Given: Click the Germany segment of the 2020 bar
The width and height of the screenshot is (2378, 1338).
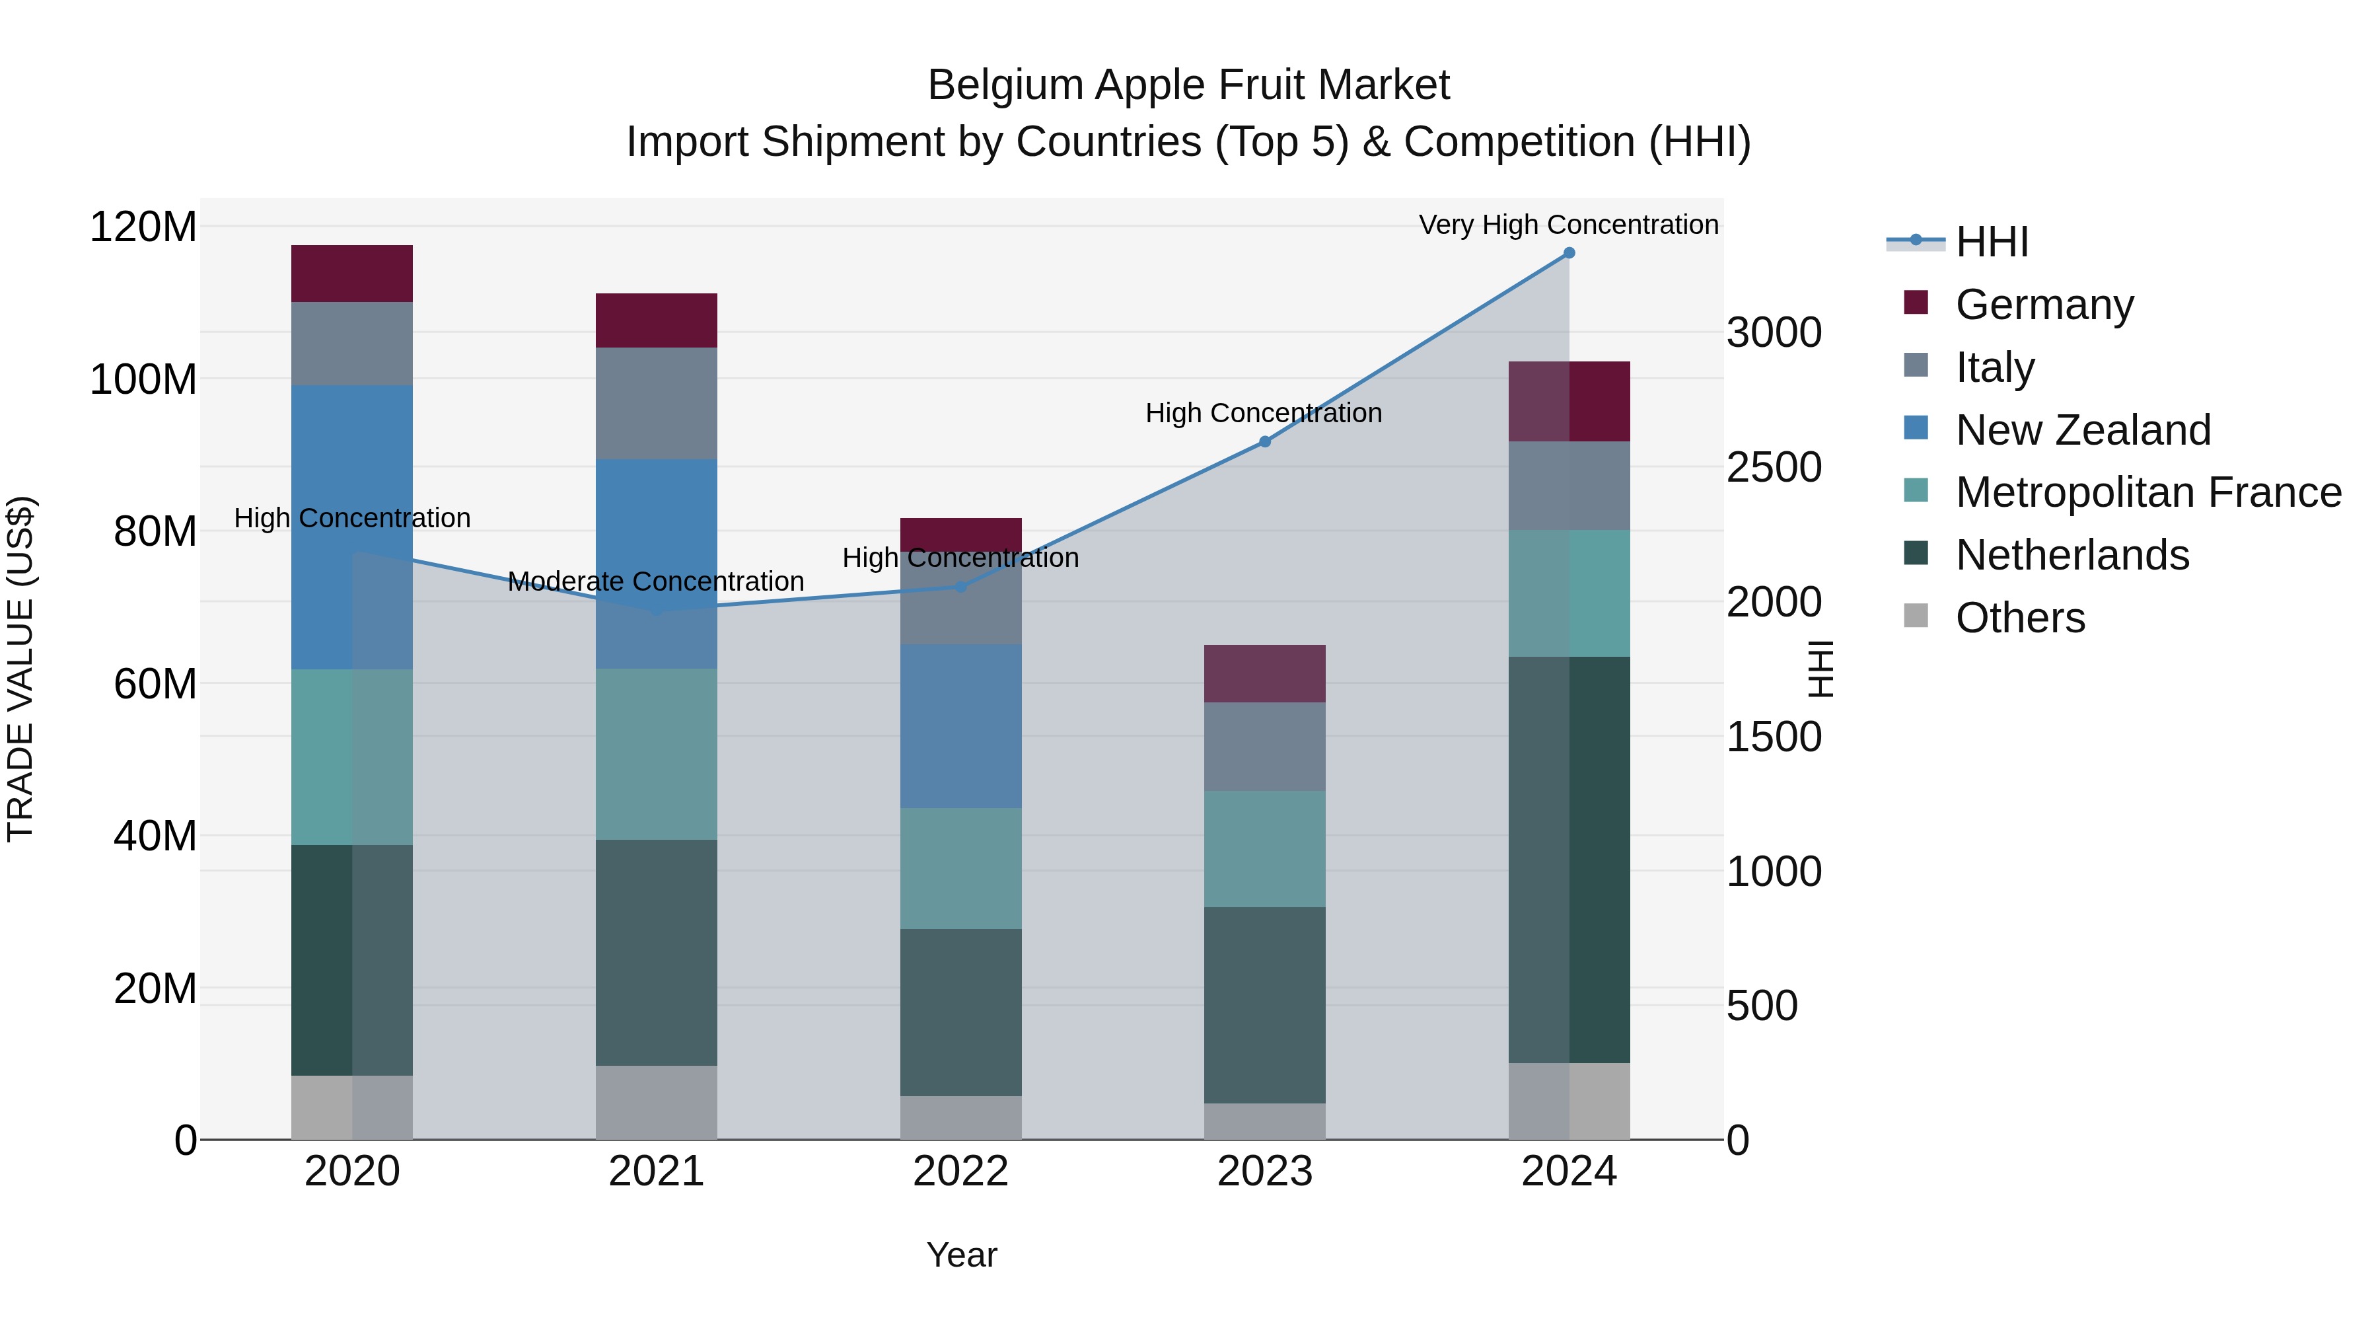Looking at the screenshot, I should coord(351,274).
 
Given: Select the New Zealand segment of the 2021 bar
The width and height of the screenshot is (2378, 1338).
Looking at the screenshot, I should coord(657,563).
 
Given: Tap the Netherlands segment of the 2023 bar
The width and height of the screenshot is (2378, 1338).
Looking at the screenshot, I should coord(1265,1004).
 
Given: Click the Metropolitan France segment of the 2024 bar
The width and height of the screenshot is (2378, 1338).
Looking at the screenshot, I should coord(1569,593).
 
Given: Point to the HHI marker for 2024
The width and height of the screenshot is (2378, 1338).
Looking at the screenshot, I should coord(1569,253).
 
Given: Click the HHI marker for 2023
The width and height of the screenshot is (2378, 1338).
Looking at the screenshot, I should coord(1265,442).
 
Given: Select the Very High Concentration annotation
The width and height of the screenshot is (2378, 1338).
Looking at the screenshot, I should coord(1568,225).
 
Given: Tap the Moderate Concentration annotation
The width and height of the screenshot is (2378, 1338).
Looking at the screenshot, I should coord(657,581).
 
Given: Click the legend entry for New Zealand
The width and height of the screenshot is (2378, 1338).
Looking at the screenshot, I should coord(2083,430).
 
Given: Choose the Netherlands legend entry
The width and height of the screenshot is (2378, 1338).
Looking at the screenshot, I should coord(2072,556).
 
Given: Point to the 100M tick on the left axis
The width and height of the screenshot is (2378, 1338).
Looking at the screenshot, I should coord(143,379).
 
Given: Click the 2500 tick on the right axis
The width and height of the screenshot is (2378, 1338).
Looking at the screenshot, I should coord(1774,467).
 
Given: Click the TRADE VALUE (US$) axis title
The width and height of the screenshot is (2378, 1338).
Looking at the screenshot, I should coord(20,669).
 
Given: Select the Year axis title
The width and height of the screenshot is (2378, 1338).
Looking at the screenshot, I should coord(961,1255).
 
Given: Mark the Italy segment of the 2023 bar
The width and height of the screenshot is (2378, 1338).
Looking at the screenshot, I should coord(1265,746).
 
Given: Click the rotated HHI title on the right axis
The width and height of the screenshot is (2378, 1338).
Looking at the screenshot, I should coord(1820,669).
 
